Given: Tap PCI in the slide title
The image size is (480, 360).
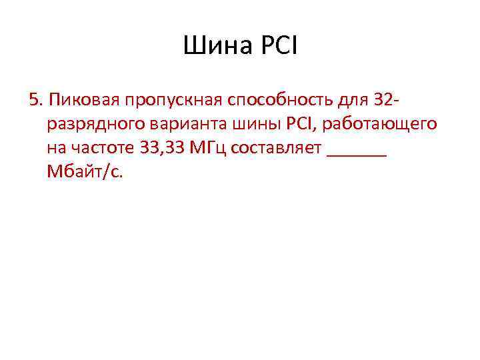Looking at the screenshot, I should pos(279,47).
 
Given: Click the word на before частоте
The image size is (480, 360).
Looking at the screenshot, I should pos(56,147).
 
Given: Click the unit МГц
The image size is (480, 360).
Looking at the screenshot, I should pos(211,147).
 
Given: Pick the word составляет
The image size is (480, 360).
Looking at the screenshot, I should pos(277,147).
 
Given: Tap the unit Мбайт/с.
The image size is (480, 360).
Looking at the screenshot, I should pos(85,171).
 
